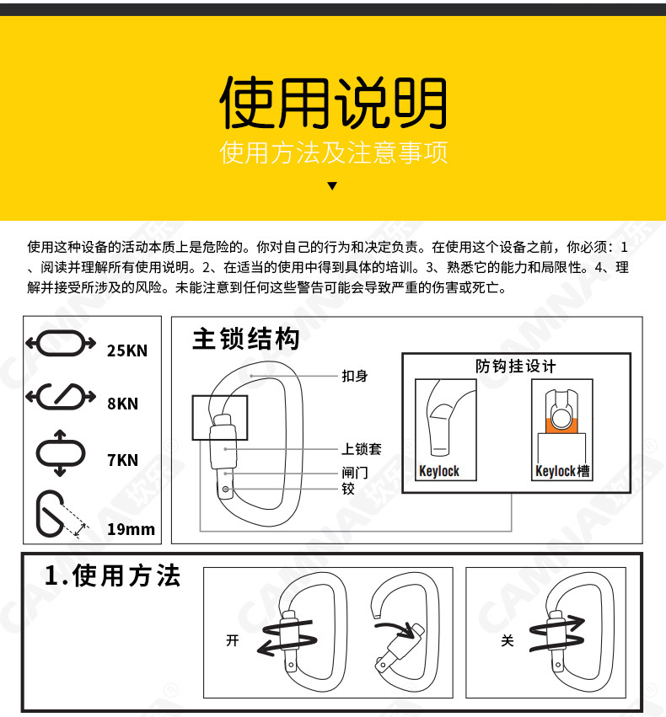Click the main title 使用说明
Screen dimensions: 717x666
tap(333, 104)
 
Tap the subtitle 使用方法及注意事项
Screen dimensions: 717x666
tap(333, 152)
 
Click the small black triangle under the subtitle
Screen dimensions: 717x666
tap(332, 186)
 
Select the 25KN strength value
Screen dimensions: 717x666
tap(126, 350)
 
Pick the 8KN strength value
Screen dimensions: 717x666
tap(122, 404)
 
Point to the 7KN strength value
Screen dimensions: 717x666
tap(122, 460)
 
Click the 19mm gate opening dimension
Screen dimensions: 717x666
tap(131, 529)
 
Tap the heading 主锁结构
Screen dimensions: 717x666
tap(245, 340)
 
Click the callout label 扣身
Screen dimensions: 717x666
tap(355, 376)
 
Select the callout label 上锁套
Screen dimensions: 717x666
tap(361, 449)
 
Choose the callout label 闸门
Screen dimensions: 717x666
tap(355, 473)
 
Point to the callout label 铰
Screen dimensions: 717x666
tap(348, 489)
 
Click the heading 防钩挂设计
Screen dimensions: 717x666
tap(516, 366)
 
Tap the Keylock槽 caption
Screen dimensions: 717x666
tap(562, 471)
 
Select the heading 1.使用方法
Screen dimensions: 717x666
tap(112, 576)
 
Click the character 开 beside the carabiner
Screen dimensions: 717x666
tap(233, 641)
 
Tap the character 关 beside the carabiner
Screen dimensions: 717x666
tap(507, 641)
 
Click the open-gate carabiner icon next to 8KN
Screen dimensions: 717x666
tap(61, 396)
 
